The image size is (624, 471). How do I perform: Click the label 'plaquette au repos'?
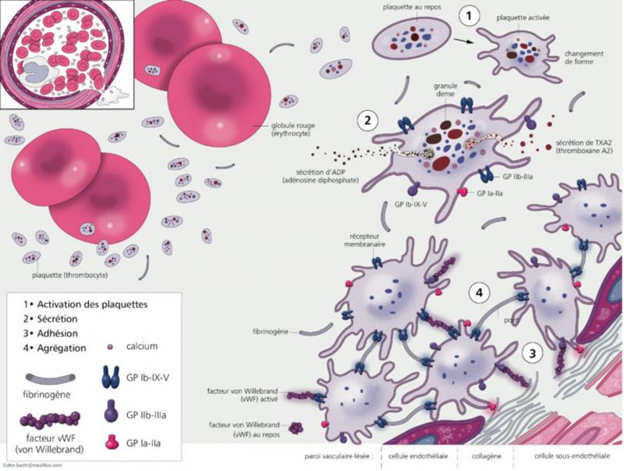pos(408,7)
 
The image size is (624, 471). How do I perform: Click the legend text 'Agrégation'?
pos(55,346)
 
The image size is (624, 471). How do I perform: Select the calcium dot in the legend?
pos(110,347)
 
